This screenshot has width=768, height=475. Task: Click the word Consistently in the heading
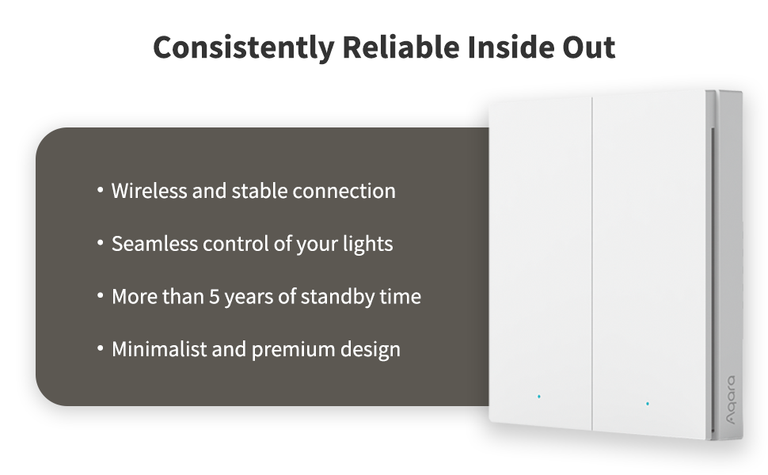point(243,48)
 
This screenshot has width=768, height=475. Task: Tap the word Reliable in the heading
point(401,47)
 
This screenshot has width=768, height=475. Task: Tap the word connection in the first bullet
point(344,192)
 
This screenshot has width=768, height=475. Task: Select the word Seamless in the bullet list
point(154,244)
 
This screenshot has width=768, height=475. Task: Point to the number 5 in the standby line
point(215,297)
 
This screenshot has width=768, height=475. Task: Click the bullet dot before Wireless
point(101,189)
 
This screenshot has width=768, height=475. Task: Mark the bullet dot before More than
point(101,295)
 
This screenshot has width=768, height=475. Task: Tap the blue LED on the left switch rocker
point(538,396)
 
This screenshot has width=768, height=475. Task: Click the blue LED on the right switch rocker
point(648,404)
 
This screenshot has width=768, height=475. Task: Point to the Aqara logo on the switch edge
point(730,400)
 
